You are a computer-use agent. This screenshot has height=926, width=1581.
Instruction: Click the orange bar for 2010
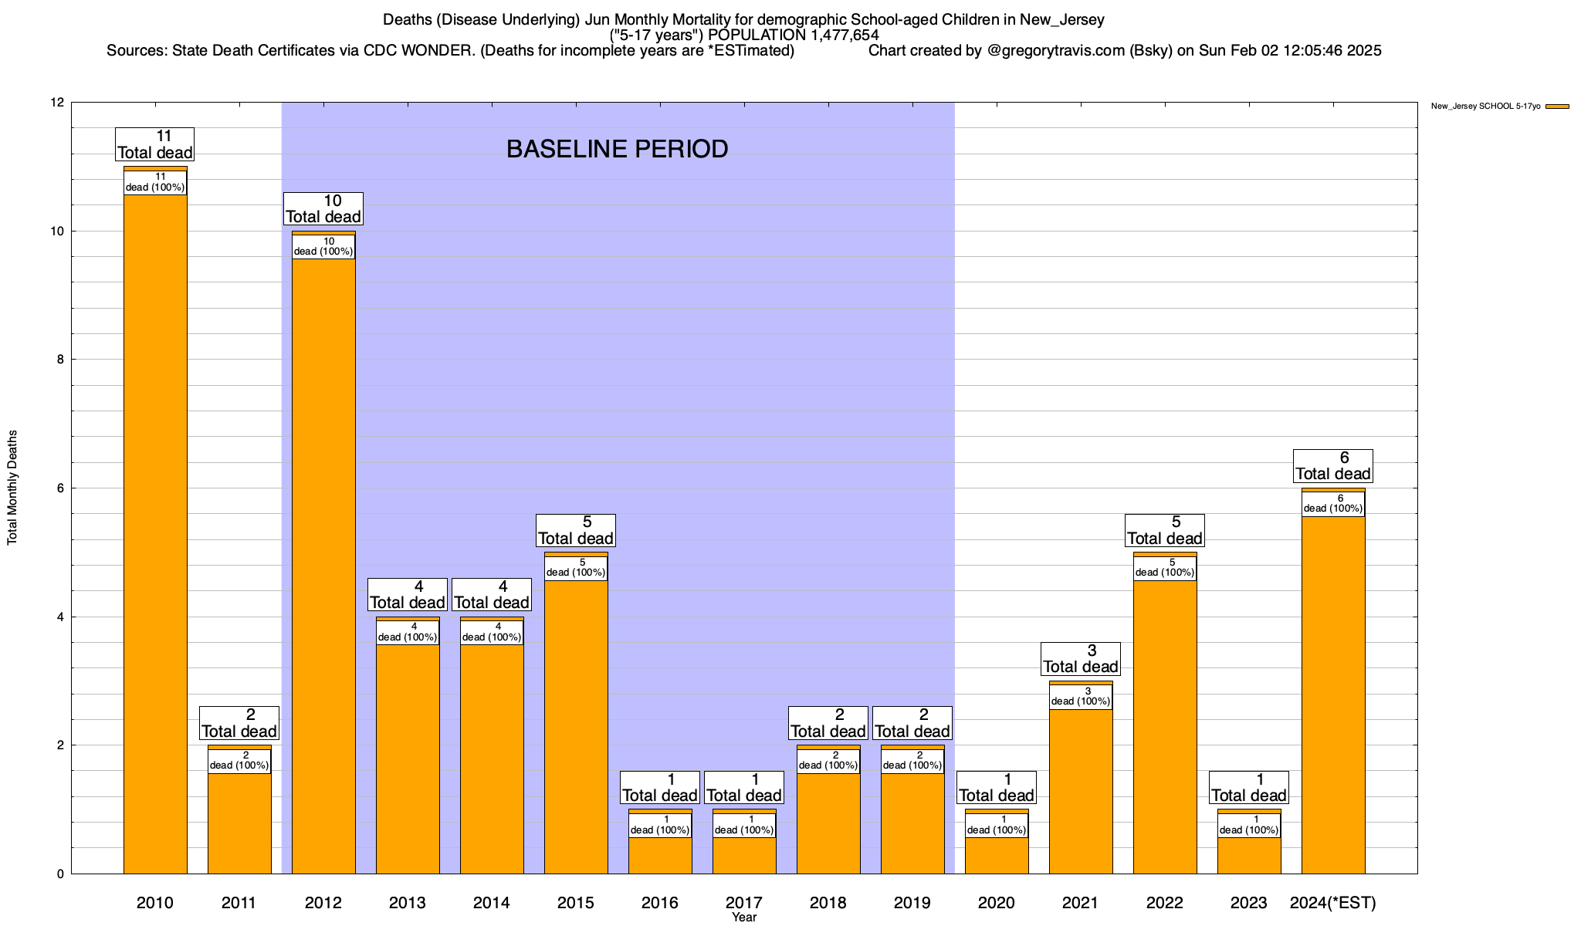[x=155, y=532]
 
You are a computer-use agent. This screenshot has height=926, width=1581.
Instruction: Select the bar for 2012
[x=323, y=563]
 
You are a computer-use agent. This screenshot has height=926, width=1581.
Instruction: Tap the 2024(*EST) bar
[x=1333, y=694]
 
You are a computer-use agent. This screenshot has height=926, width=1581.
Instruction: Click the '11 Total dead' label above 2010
[x=155, y=144]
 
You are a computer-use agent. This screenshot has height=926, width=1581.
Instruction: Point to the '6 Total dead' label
[x=1333, y=466]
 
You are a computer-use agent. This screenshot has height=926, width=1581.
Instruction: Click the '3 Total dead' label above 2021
[x=1081, y=659]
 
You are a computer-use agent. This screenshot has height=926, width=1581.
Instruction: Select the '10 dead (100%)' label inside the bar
[x=323, y=247]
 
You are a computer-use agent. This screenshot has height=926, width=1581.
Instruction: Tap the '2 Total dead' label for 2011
[x=239, y=723]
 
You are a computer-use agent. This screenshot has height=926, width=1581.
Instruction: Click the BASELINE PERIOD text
[x=618, y=149]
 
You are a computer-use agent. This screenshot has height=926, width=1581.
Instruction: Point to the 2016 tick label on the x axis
[x=660, y=902]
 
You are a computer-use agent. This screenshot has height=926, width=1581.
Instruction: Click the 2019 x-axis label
[x=912, y=902]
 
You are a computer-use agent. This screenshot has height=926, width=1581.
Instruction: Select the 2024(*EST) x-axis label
[x=1333, y=902]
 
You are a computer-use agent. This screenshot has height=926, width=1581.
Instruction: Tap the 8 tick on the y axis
[x=59, y=360]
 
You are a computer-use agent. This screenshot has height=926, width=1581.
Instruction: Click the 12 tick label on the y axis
[x=56, y=103]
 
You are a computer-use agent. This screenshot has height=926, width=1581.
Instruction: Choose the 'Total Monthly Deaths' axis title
[x=12, y=488]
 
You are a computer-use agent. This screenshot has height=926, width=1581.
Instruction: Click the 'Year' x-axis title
[x=744, y=918]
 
